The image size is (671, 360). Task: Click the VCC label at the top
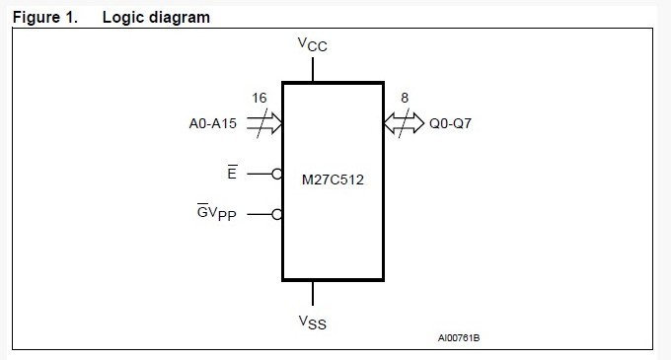[x=313, y=45]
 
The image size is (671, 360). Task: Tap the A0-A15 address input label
[x=214, y=124]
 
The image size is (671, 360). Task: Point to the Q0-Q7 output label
[x=451, y=125]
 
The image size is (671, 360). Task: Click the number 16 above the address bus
[x=260, y=99]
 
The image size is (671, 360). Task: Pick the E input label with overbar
[x=231, y=173]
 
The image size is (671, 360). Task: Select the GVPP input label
[x=219, y=214]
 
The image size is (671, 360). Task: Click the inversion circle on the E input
[x=278, y=174]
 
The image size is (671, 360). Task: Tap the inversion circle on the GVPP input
[x=278, y=214]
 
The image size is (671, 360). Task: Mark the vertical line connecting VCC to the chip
[x=313, y=70]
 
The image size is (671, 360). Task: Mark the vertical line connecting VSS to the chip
[x=313, y=293]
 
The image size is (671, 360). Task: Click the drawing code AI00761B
[x=459, y=338]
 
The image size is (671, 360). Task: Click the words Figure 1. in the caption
[x=44, y=17]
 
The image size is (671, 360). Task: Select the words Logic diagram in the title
[x=156, y=17]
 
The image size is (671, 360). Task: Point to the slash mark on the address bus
[x=260, y=124]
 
